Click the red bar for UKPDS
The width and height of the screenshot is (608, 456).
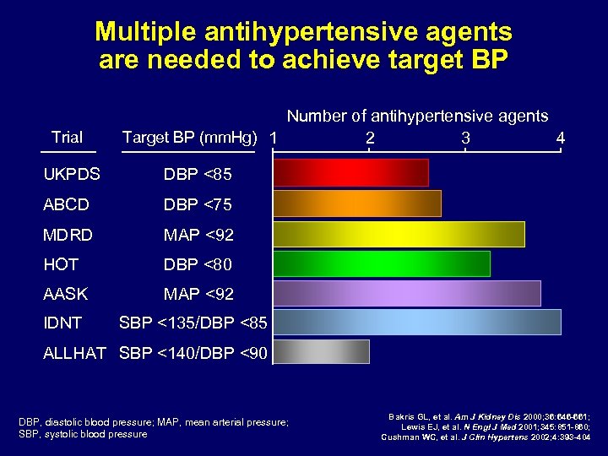[350, 173]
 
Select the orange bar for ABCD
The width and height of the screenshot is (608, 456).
[356, 204]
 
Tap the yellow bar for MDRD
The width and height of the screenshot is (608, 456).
[399, 234]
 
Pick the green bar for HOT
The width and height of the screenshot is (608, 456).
[381, 263]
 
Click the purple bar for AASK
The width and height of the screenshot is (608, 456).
[406, 293]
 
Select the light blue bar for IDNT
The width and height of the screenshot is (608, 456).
[416, 322]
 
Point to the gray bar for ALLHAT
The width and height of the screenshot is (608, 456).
[321, 352]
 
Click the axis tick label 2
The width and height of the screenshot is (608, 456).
[370, 137]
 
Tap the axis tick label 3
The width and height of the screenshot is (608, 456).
[465, 137]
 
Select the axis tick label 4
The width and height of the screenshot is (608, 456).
[561, 137]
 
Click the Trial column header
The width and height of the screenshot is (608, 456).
[67, 137]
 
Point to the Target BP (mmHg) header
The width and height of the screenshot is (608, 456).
[189, 138]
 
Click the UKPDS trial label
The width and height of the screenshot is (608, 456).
[72, 175]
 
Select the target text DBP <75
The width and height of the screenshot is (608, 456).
[198, 204]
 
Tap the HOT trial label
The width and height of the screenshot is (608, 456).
[61, 264]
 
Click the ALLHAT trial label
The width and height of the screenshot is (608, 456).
[74, 353]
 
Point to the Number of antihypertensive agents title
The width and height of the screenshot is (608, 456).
[417, 116]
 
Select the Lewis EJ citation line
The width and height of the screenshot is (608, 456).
[497, 426]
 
